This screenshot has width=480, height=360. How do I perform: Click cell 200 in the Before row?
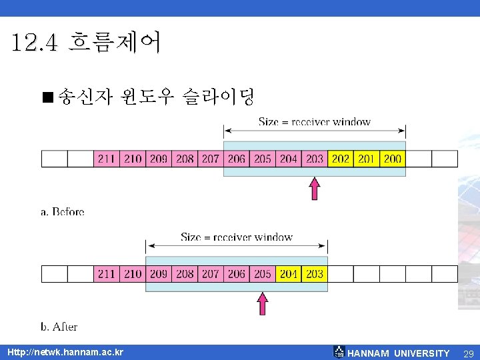(x=393, y=159)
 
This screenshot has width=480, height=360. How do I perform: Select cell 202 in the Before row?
(x=341, y=159)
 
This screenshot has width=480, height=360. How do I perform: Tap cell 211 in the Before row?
(x=107, y=159)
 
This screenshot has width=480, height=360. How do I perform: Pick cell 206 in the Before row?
(x=237, y=159)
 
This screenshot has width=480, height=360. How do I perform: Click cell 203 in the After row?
(x=315, y=274)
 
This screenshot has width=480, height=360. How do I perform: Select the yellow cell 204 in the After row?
(x=289, y=274)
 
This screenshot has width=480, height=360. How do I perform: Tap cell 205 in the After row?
(x=263, y=274)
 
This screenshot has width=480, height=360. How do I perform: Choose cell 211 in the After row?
(x=107, y=274)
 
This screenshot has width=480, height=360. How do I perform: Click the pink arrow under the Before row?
(x=315, y=188)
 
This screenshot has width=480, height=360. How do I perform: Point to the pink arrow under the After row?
(x=263, y=303)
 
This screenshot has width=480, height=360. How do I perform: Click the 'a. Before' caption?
(x=63, y=212)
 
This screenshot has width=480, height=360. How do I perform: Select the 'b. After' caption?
(x=59, y=327)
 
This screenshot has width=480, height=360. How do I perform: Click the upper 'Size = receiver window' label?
(x=315, y=122)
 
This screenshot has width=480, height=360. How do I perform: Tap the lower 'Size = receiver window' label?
(x=237, y=237)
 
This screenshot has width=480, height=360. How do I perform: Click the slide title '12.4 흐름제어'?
(x=85, y=44)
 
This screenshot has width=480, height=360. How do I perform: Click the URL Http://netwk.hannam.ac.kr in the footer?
(x=65, y=352)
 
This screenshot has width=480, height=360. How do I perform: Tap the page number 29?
(x=468, y=353)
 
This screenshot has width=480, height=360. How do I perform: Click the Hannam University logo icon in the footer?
(x=339, y=352)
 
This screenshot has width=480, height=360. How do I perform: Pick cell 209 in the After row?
(x=159, y=274)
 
